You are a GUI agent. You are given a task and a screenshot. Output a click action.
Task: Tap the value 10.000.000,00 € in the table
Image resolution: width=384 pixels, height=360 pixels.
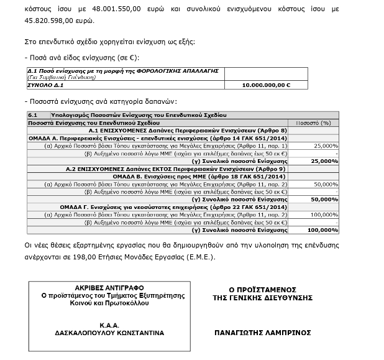pyautogui.click(x=266, y=84)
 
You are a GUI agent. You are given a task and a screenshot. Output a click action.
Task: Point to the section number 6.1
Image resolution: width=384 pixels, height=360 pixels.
pyautogui.click(x=34, y=116)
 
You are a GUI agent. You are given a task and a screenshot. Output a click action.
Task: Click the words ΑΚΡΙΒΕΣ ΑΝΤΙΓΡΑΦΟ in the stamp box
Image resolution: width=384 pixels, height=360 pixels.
pyautogui.click(x=109, y=288)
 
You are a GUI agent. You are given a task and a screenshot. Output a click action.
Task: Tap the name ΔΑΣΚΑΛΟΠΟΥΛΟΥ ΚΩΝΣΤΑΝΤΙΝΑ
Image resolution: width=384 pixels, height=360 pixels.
pyautogui.click(x=109, y=333)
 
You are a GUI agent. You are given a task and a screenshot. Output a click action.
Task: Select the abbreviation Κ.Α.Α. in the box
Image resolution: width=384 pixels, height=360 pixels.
pyautogui.click(x=109, y=325)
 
